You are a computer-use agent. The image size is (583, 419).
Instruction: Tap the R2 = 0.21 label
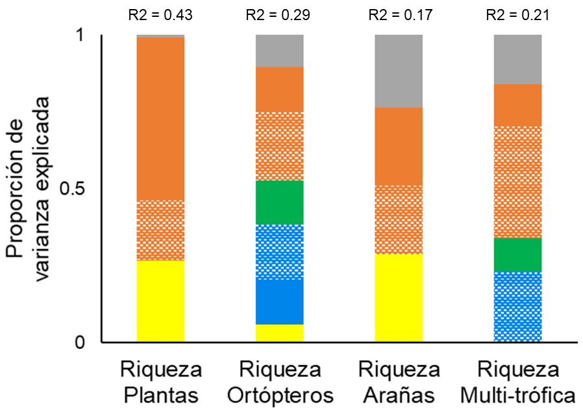point(518,15)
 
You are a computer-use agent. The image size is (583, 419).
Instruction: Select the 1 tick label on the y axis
point(81,35)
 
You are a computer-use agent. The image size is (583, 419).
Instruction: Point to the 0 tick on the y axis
point(80,342)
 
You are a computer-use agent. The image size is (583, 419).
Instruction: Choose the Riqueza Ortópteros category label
point(280,383)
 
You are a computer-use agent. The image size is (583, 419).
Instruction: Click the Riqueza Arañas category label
point(399,383)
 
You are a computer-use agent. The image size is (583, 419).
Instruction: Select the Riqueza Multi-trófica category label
point(518,383)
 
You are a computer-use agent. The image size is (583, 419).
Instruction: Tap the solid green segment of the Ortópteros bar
point(280,202)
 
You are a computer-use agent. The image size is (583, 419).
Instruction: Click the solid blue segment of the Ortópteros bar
point(280,302)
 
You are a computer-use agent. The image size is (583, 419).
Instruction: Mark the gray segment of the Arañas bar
point(399,71)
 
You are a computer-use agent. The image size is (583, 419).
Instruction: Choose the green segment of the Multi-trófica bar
point(518,255)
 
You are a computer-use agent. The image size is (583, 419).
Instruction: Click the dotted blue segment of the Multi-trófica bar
point(518,307)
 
